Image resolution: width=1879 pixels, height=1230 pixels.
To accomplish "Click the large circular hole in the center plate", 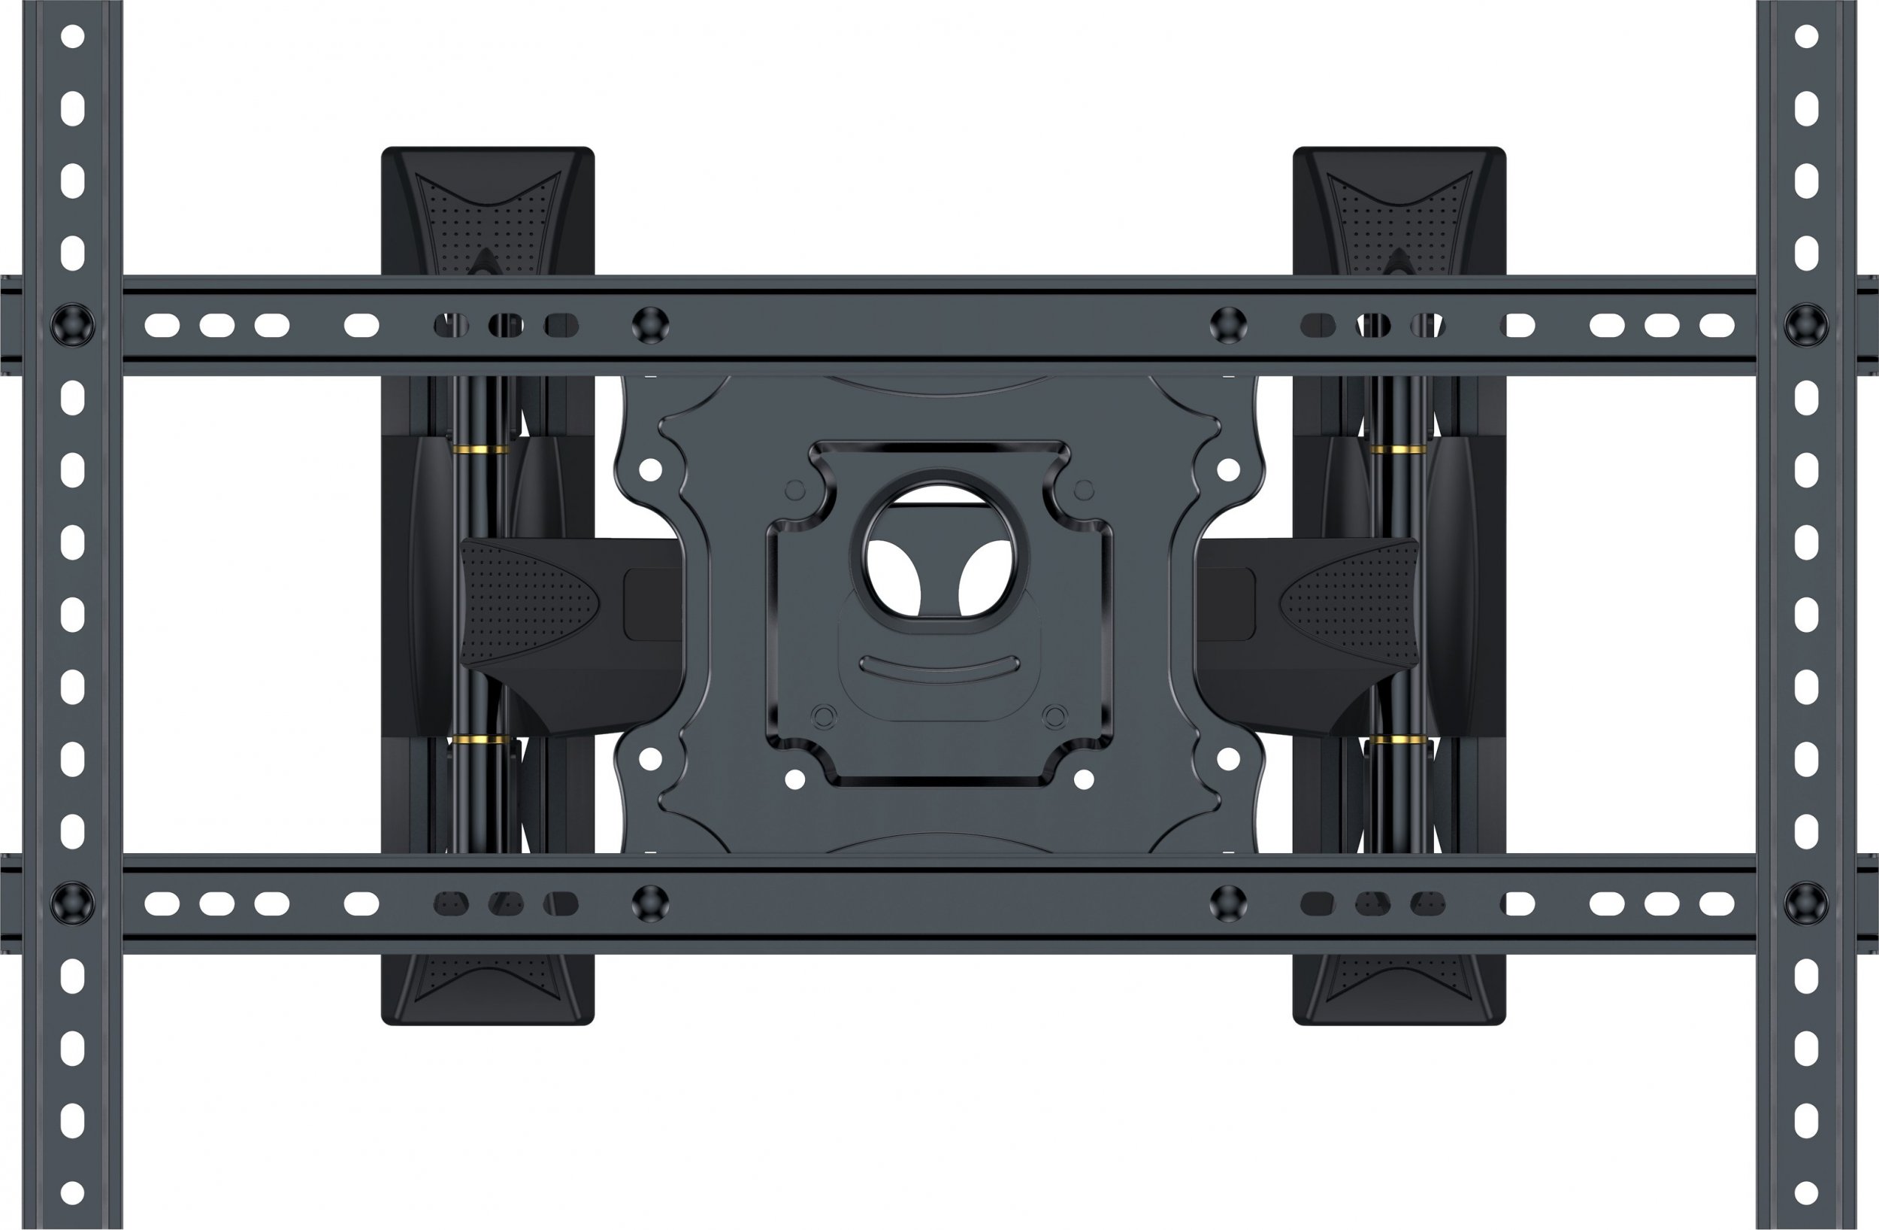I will [x=940, y=545].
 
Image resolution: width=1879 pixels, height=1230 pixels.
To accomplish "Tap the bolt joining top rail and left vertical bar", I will [x=73, y=326].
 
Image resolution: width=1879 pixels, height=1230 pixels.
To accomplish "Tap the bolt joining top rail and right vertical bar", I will [x=1805, y=326].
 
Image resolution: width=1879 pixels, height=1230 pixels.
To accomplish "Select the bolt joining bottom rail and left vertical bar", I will [x=73, y=903].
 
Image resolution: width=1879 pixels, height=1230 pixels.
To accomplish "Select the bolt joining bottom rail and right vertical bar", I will [x=1805, y=903].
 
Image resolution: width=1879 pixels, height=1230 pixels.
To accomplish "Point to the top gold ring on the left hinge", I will [x=480, y=448].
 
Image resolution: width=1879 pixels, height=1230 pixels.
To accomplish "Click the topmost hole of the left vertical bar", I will [x=73, y=36].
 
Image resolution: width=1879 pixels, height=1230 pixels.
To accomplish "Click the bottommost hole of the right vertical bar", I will [x=1805, y=1192].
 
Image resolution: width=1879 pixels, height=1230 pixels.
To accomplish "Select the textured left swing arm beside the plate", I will [x=529, y=605].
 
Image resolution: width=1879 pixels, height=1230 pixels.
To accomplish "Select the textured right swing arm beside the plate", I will [x=1350, y=605].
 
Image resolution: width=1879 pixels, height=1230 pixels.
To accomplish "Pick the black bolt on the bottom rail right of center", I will [x=1227, y=903].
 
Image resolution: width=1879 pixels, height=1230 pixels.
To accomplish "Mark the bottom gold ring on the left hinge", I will [x=480, y=740].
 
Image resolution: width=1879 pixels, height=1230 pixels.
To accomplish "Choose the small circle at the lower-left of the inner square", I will [x=823, y=716].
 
